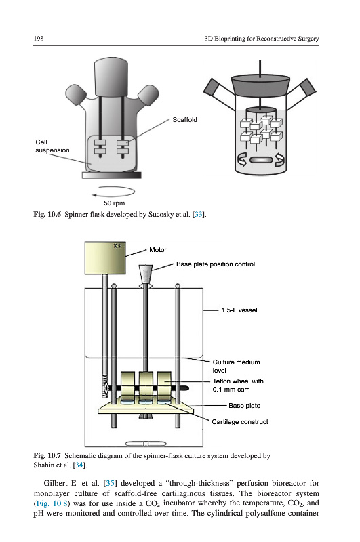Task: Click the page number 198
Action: (x=39, y=39)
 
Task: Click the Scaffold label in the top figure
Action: (x=184, y=120)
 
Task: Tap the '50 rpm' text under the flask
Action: (x=114, y=203)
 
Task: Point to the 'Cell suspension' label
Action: (x=52, y=146)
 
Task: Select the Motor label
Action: (x=158, y=250)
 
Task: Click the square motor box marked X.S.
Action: (x=105, y=258)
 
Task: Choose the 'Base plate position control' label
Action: (x=216, y=264)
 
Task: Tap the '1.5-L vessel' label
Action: (x=239, y=310)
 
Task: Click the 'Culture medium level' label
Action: (x=236, y=366)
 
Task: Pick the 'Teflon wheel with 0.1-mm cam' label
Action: (x=238, y=385)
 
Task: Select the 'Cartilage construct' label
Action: (x=240, y=421)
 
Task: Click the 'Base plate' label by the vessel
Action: (x=245, y=405)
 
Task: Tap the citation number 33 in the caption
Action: (x=198, y=214)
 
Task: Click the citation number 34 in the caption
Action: (x=79, y=465)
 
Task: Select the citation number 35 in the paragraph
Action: (x=110, y=483)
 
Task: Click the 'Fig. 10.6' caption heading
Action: (x=47, y=214)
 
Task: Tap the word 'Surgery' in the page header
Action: (x=308, y=39)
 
